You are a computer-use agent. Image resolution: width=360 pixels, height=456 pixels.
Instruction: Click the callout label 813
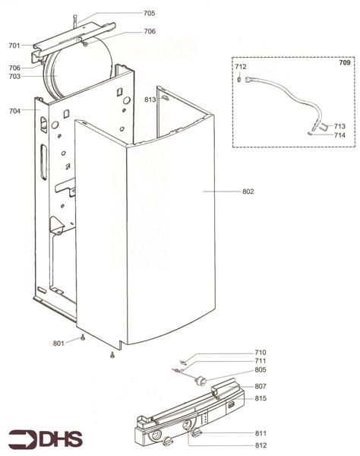click(x=150, y=100)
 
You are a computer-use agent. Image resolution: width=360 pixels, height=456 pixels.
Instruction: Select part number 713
click(x=339, y=125)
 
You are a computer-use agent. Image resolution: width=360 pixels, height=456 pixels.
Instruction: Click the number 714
click(x=339, y=135)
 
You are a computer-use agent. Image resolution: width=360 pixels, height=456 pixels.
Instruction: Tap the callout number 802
click(x=248, y=192)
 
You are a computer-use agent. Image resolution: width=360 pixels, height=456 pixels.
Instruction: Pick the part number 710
click(x=261, y=353)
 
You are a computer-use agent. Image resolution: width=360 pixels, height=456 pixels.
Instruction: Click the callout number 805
click(x=261, y=370)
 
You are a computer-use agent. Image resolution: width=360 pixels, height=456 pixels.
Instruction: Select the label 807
click(x=261, y=387)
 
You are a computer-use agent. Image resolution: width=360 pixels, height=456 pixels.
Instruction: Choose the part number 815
click(x=261, y=398)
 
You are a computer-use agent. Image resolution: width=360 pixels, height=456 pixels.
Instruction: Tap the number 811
click(x=261, y=433)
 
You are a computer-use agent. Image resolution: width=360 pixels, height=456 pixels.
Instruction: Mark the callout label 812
click(x=261, y=445)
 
